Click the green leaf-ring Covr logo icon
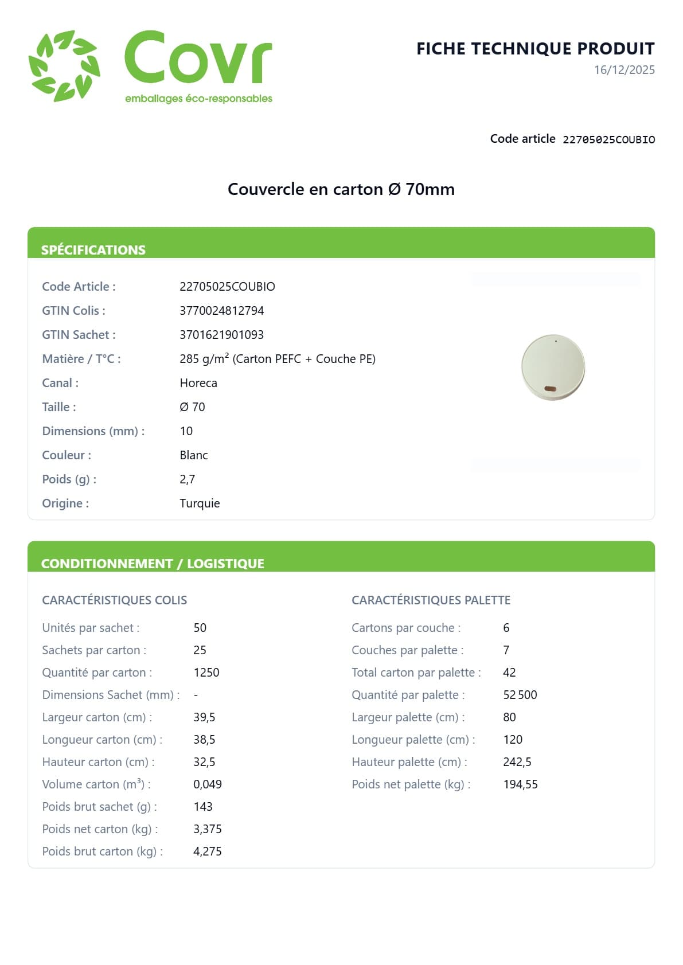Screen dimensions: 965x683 (64, 66)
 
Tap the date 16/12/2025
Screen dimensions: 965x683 (624, 70)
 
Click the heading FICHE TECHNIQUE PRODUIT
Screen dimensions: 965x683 (535, 49)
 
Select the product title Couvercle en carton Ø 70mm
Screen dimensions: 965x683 (341, 189)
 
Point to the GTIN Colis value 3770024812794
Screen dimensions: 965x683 (221, 311)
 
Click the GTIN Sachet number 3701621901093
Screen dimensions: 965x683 (221, 335)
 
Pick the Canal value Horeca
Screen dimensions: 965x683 (198, 383)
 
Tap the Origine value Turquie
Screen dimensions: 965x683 (200, 503)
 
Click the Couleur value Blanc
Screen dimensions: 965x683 (193, 455)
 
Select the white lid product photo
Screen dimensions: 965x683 (553, 367)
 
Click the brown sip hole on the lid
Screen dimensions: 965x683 (550, 389)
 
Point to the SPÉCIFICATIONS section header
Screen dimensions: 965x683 (93, 250)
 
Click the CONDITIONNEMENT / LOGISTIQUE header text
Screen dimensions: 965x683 (153, 564)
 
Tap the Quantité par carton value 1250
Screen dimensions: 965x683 (206, 673)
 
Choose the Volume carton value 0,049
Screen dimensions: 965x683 (207, 784)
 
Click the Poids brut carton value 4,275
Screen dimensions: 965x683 (207, 851)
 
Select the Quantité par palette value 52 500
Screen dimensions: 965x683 (520, 695)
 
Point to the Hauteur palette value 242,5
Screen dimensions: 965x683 (517, 762)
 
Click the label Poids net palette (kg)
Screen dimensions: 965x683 (411, 784)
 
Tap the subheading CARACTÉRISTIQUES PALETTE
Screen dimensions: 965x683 (431, 600)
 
